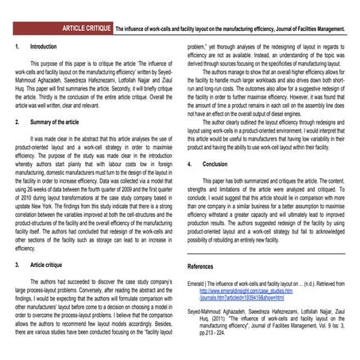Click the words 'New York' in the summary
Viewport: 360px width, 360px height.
click(65, 204)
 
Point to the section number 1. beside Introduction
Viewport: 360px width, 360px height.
click(17, 48)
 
